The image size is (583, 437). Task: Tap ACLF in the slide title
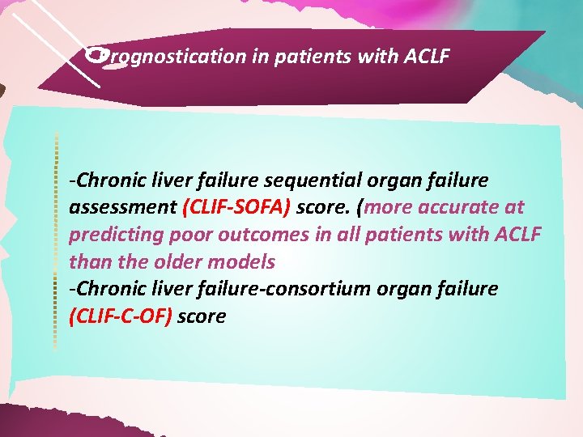[423, 57]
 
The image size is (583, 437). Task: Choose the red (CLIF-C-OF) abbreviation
[121, 316]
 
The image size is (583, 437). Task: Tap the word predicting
[112, 235]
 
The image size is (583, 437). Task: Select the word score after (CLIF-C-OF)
[201, 316]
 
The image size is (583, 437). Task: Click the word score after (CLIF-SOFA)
[320, 206]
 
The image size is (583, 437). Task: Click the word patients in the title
[307, 57]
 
